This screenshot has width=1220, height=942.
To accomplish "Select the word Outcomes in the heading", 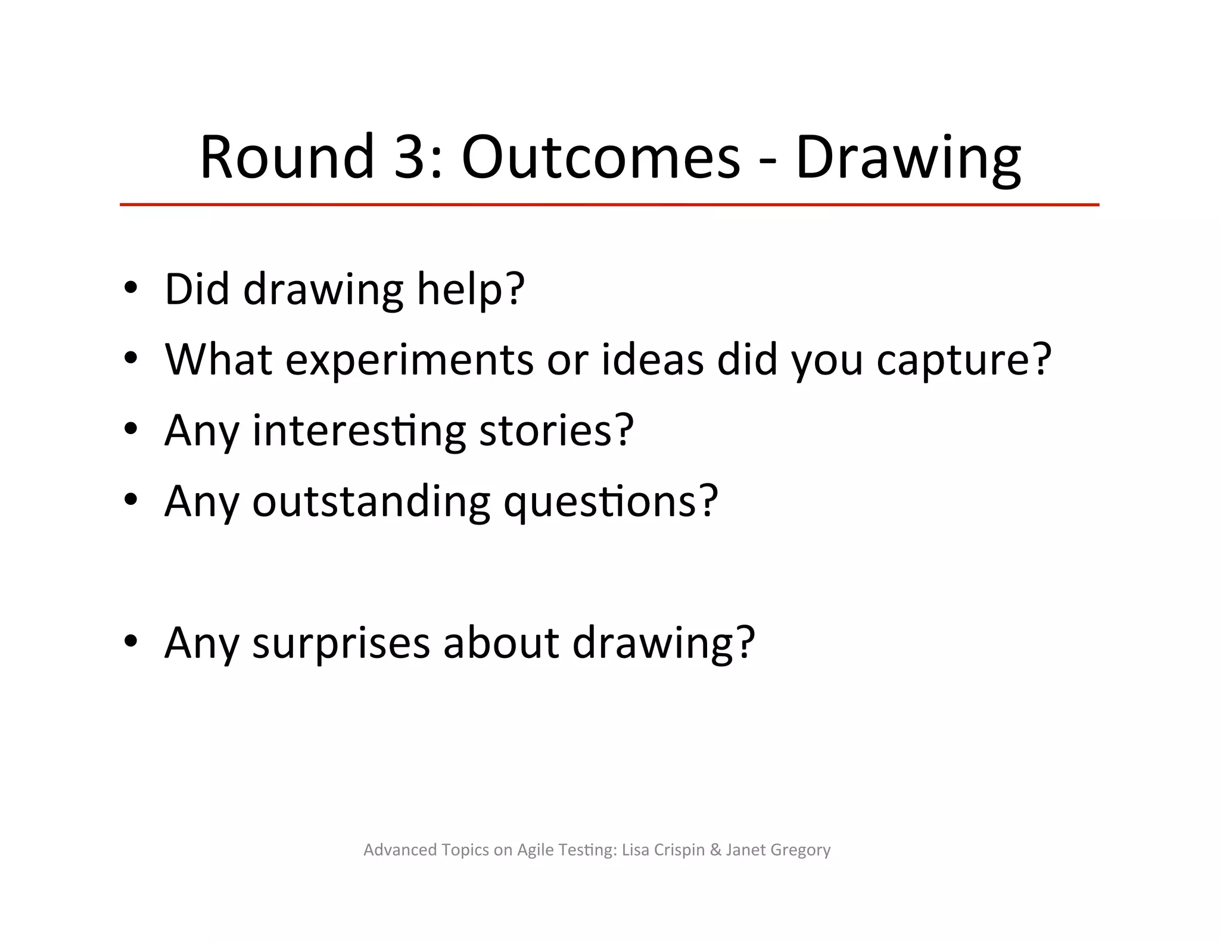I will pyautogui.click(x=600, y=157).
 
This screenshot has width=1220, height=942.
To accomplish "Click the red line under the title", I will pyautogui.click(x=609, y=205).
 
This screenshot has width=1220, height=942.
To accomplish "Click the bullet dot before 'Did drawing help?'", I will pyautogui.click(x=130, y=288).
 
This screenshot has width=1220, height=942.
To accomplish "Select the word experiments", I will pyautogui.click(x=409, y=361).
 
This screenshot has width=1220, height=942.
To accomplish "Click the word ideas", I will pyautogui.click(x=652, y=360).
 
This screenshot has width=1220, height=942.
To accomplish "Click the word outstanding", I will pyautogui.click(x=371, y=501).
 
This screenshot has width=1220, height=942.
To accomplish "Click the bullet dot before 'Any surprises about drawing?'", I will pyautogui.click(x=130, y=642).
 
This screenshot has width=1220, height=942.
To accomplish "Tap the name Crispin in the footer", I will pyautogui.click(x=679, y=850).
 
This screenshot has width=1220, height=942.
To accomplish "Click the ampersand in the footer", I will pyautogui.click(x=715, y=850).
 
